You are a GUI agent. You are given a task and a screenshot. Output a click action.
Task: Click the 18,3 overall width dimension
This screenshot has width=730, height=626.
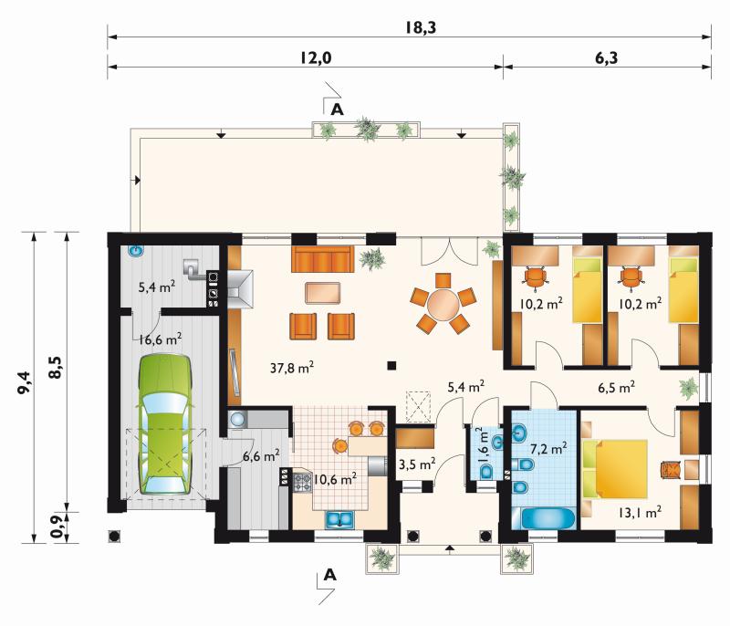pyautogui.click(x=420, y=27)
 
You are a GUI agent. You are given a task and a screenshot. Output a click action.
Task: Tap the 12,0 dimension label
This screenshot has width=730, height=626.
pyautogui.click(x=315, y=58)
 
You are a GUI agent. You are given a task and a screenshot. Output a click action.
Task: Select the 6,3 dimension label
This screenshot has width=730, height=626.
pyautogui.click(x=606, y=58)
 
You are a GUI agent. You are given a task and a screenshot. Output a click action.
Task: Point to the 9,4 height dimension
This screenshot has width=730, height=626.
pyautogui.click(x=25, y=382)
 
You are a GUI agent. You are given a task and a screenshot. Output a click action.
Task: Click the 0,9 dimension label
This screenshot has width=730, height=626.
pyautogui.click(x=57, y=527)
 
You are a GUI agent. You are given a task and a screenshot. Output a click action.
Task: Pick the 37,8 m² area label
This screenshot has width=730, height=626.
pyautogui.click(x=292, y=368)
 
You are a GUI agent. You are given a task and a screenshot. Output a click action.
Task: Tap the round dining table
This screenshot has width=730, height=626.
pyautogui.click(x=443, y=304)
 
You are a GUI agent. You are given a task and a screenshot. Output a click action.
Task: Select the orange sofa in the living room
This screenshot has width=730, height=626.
pyautogui.click(x=322, y=259)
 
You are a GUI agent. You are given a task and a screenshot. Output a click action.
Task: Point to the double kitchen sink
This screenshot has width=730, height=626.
pyautogui.click(x=339, y=519)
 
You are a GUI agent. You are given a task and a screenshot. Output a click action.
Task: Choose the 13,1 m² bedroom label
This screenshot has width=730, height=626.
pyautogui.click(x=641, y=513)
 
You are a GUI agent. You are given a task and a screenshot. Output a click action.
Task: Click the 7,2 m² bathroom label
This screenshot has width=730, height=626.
pyautogui.click(x=549, y=449)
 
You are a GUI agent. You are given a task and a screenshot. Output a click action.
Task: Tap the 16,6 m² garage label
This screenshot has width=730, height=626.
pyautogui.click(x=160, y=339)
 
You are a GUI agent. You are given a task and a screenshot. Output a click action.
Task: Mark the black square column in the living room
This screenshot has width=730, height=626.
pyautogui.click(x=391, y=365)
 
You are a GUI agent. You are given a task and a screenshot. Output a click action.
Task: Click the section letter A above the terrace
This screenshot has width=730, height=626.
pyautogui.click(x=337, y=110)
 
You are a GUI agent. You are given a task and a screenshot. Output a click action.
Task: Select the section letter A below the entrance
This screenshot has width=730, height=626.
pyautogui.click(x=329, y=575)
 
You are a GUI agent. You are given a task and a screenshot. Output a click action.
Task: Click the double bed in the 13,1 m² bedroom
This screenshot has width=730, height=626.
pyautogui.click(x=615, y=469)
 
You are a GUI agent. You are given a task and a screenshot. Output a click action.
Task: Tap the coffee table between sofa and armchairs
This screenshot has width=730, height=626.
pyautogui.click(x=323, y=293)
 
